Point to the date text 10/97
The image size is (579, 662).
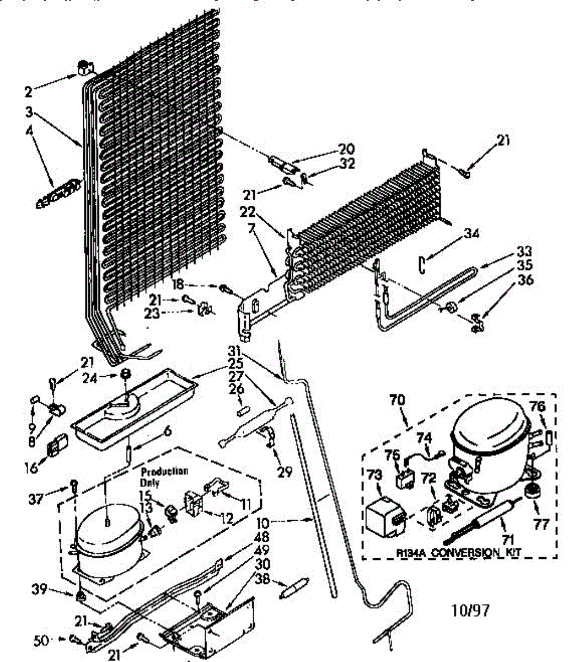coord(470,610)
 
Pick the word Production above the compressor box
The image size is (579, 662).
coord(164,472)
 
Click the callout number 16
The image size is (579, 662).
coord(31,468)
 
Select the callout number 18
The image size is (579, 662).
coord(177,285)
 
